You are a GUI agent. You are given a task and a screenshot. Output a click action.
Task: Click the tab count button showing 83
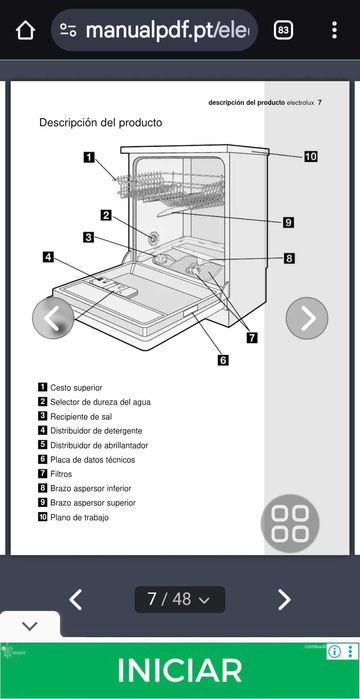pos(283,30)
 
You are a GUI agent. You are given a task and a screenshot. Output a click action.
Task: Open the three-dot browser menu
pos(334,30)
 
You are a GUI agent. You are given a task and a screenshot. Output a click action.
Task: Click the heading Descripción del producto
pos(100,123)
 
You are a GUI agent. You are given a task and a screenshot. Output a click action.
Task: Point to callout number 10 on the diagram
pos(310,156)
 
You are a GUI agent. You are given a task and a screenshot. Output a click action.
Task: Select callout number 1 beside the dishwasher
pos(89,156)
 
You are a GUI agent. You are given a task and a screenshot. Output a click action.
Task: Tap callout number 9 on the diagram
pos(288,222)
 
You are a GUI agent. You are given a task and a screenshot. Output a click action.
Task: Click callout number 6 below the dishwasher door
pos(223,360)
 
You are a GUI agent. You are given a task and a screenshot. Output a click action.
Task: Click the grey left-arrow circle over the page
pos(54,319)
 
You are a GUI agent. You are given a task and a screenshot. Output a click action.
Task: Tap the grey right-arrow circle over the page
pos(307,319)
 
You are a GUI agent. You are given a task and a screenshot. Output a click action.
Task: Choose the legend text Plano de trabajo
pos(79,517)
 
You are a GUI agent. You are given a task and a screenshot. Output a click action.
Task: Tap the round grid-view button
pos(290,524)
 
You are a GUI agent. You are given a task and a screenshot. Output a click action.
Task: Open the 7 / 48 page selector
pos(180,600)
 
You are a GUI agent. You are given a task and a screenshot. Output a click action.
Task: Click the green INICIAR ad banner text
pos(180,671)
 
